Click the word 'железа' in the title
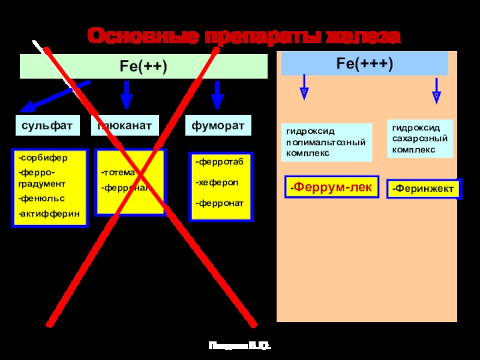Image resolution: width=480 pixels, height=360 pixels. (x=362, y=37)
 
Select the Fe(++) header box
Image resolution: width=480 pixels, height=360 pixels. (x=144, y=67)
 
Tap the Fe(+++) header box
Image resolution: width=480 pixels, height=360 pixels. (x=365, y=63)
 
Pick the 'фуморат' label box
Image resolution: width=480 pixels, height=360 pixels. (x=218, y=126)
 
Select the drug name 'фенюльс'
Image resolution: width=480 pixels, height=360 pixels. (x=41, y=198)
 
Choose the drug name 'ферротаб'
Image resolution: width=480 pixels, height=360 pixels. (x=218, y=162)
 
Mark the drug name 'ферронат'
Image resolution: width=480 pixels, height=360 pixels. (x=220, y=203)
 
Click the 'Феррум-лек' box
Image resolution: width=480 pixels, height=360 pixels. (x=331, y=188)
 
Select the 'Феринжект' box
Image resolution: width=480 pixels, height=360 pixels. (x=424, y=190)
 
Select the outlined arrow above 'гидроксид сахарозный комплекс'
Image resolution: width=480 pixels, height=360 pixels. (x=437, y=89)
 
